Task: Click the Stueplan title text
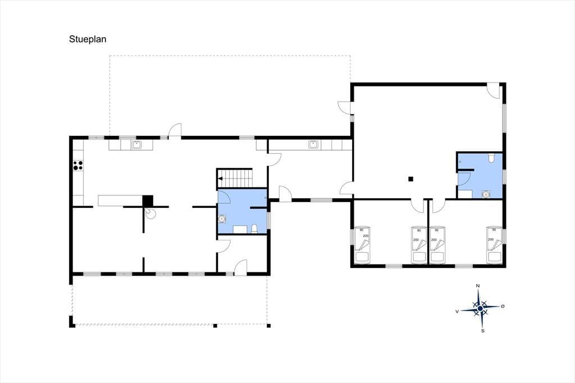pos(88,39)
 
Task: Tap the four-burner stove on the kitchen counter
pos(78,166)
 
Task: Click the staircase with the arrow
pos(235,178)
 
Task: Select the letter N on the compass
pos(478,286)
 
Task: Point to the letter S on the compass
pos(483,331)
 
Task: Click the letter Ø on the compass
pos(503,306)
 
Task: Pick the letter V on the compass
pos(457,312)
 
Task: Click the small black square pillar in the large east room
pos(411,179)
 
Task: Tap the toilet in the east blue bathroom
pos(491,158)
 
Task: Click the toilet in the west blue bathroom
pos(254,229)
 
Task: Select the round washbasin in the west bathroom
pos(222,220)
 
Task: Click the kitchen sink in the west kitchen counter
pos(136,145)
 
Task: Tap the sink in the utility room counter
pos(313,144)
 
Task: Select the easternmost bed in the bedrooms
pos(494,245)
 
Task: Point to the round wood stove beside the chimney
pos(150,213)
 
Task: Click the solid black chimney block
pos(148,200)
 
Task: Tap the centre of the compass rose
pos(480,308)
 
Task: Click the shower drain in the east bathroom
pos(486,194)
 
